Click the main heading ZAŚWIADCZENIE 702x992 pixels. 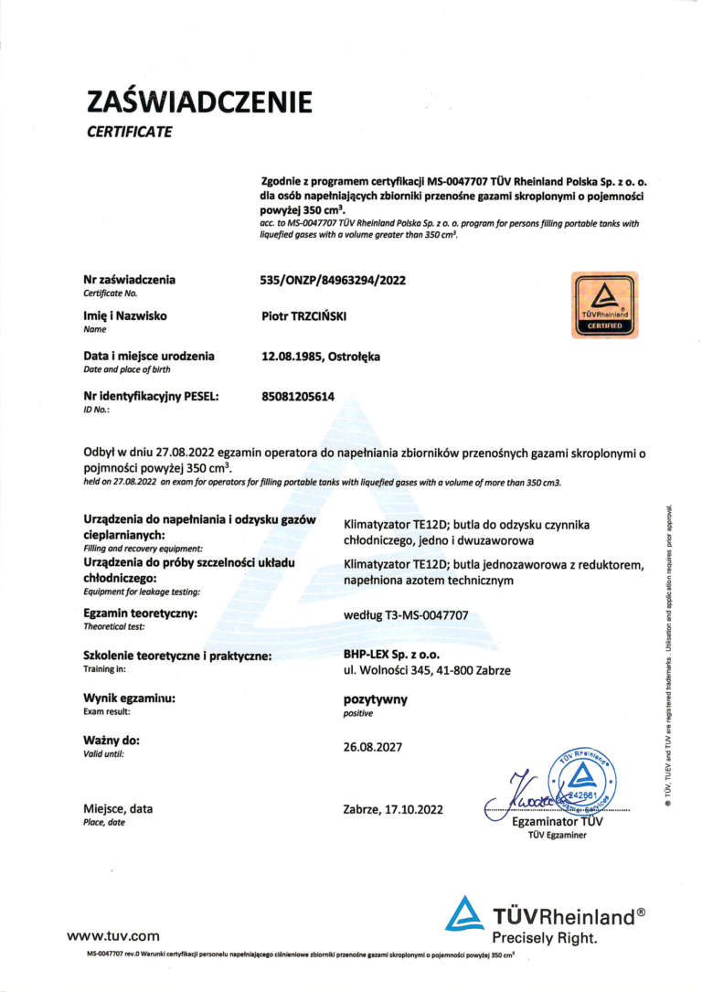[199, 101]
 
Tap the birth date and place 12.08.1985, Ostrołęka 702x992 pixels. [321, 356]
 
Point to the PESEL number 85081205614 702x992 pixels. [299, 397]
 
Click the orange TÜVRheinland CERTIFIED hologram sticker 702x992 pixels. [604, 305]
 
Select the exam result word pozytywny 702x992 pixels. [374, 700]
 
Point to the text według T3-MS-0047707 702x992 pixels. [405, 615]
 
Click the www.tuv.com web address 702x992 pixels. [112, 935]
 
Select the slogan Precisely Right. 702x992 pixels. [545, 938]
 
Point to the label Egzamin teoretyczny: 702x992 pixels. [141, 613]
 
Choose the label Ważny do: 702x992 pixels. [112, 740]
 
